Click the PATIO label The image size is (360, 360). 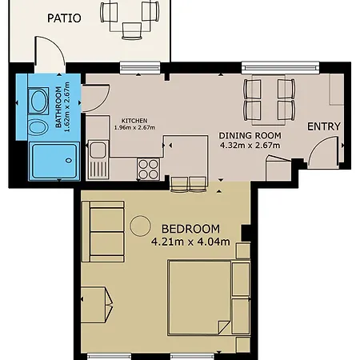pos(64,18)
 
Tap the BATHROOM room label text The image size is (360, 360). pos(58,107)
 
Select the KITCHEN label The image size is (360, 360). pos(134,121)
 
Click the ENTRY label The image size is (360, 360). pos(324,126)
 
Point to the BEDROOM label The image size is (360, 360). pos(190,229)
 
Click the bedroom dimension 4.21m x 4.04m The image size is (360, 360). pos(190,242)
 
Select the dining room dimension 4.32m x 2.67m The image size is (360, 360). pos(250,146)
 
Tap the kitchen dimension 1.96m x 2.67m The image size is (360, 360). pos(134,127)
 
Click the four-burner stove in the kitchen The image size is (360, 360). pos(148,169)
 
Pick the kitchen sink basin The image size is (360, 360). pos(98,150)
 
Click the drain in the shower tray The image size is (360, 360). pos(69,161)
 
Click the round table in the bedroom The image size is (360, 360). pos(140,226)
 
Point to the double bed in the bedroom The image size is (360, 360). pos(199,298)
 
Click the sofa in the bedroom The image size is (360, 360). pos(103,231)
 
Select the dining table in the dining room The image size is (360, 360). pos(269,100)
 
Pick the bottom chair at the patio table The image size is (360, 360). pos(132,31)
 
